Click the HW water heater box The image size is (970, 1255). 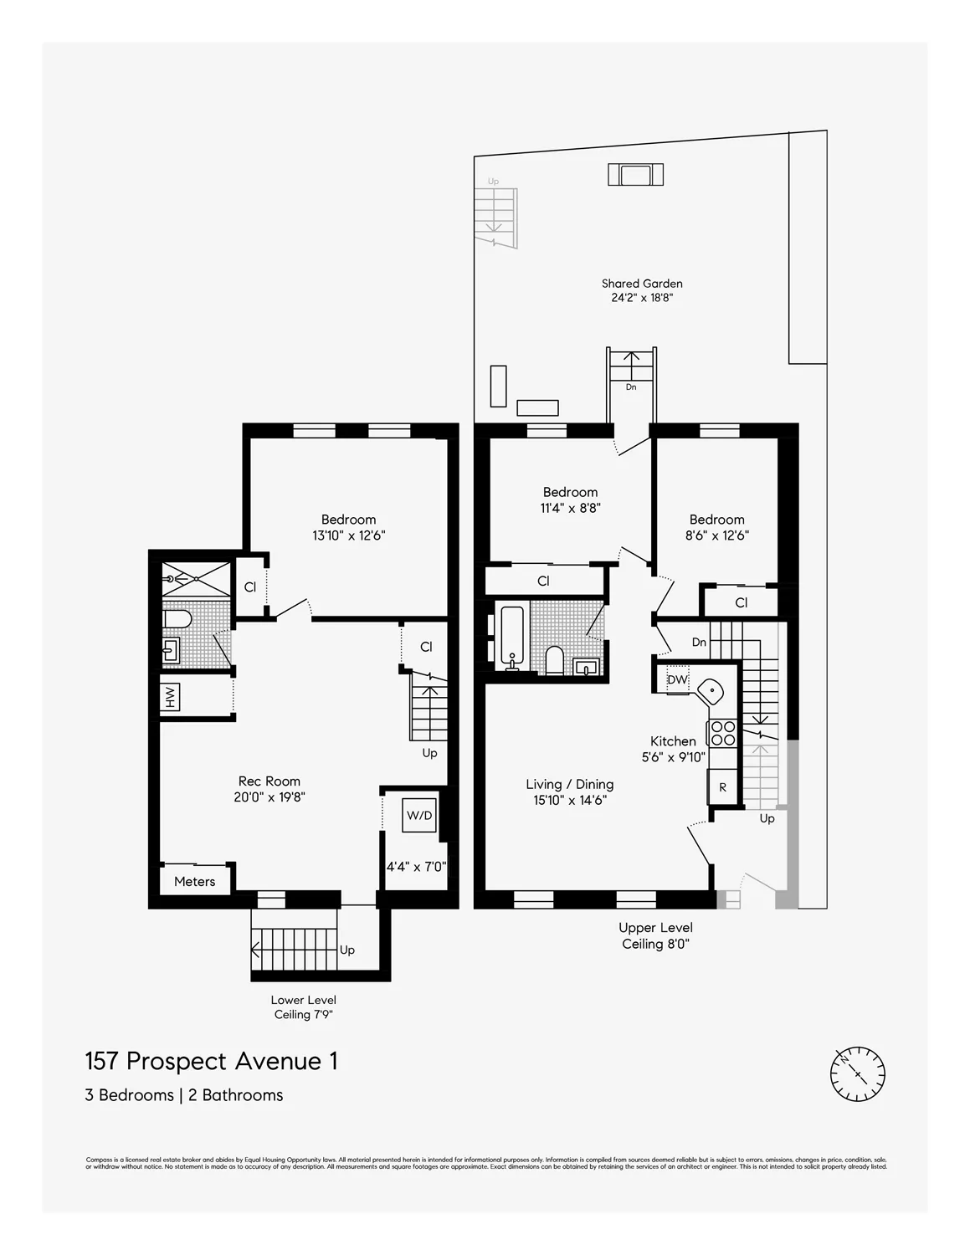[170, 697]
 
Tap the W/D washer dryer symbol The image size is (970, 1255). [419, 815]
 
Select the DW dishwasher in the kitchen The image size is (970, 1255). [676, 679]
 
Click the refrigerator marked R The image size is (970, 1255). [722, 787]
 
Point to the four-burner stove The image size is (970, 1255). [722, 734]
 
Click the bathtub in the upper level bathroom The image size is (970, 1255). [511, 637]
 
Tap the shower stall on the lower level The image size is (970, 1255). [196, 579]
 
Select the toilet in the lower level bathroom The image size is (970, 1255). [178, 619]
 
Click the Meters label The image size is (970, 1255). [194, 881]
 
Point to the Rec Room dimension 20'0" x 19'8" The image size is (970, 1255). [269, 797]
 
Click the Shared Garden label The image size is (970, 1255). [642, 284]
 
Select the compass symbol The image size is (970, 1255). [857, 1073]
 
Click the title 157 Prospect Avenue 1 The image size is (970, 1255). [212, 1061]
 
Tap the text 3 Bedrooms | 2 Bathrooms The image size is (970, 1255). [184, 1095]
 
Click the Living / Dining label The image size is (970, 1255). [569, 784]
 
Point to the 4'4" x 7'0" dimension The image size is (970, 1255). [416, 867]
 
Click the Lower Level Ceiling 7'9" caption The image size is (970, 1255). [303, 1007]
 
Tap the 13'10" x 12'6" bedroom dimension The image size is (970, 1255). [348, 535]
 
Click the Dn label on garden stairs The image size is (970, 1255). [631, 387]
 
